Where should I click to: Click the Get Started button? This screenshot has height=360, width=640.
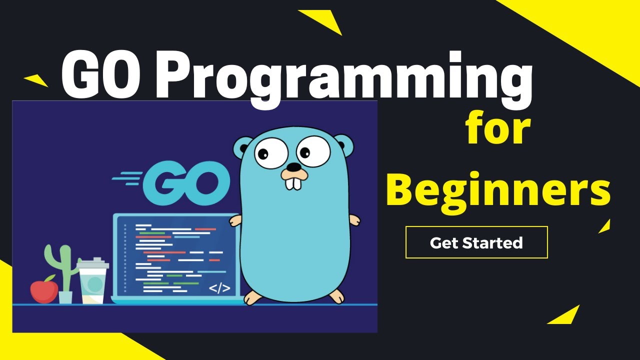coord(476,242)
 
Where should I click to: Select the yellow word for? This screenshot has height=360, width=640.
coord(497,129)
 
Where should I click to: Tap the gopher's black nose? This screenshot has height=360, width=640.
coord(294,166)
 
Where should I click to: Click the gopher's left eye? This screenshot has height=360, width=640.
coord(271,152)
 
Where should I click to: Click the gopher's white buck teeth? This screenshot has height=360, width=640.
coord(293,182)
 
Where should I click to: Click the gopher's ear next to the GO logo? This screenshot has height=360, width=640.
coord(243,148)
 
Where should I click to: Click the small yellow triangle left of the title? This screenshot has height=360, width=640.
coord(35,80)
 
